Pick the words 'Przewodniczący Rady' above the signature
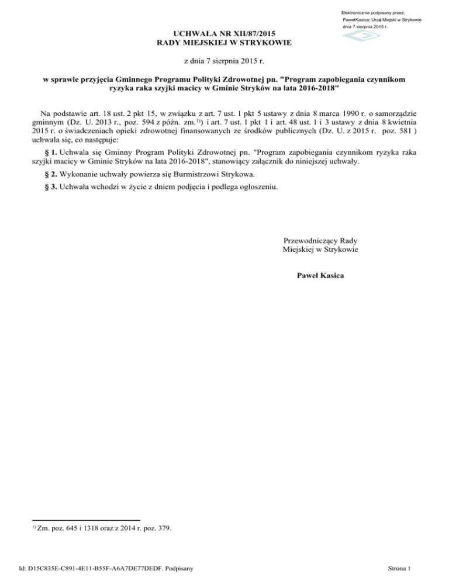click(320, 241)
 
